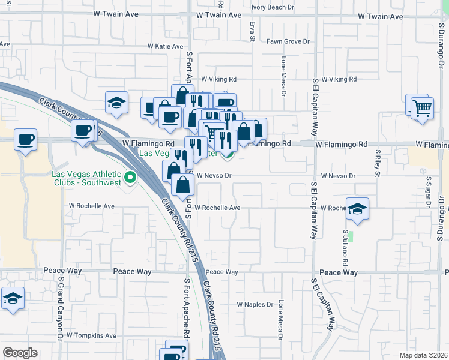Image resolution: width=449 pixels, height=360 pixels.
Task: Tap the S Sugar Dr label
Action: pyautogui.click(x=429, y=190)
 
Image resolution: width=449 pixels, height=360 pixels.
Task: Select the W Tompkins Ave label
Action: pyautogui.click(x=92, y=336)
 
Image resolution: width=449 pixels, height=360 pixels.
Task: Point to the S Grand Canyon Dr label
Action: pyautogui.click(x=61, y=305)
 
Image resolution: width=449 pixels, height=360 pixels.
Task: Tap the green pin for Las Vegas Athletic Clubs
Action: pyautogui.click(x=130, y=178)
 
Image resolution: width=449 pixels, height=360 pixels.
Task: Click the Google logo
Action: pyautogui.click(x=20, y=353)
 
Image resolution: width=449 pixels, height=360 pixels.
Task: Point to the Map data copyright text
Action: pyautogui.click(x=424, y=355)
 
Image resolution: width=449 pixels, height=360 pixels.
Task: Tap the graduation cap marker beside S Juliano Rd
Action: pyautogui.click(x=357, y=209)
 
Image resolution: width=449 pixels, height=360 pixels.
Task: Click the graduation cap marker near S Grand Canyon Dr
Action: pyautogui.click(x=13, y=299)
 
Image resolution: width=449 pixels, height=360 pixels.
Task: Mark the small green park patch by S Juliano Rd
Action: pyautogui.click(x=352, y=236)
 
